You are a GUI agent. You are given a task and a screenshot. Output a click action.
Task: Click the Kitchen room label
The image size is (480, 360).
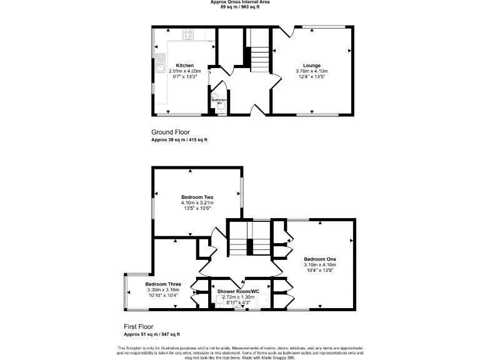[x=184, y=66]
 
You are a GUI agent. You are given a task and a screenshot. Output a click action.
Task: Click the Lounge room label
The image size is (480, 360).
[x=311, y=66]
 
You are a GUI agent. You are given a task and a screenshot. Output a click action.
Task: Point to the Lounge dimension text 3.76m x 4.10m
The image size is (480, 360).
[x=311, y=71]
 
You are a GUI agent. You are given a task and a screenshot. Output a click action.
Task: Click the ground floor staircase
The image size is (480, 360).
[x=258, y=56]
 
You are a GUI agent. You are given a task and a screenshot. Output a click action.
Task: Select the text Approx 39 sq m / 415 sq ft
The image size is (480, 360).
[x=179, y=140]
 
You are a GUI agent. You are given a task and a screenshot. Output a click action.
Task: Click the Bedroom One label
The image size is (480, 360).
[x=320, y=259]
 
